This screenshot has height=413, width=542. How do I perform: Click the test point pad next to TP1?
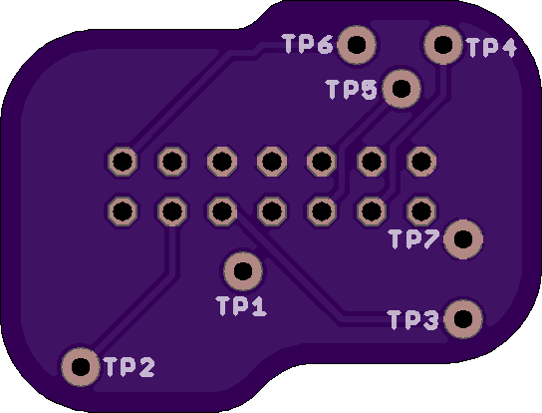coord(243,271)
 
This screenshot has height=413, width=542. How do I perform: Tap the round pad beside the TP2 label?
coord(81,366)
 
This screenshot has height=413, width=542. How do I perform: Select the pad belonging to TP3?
coord(463,319)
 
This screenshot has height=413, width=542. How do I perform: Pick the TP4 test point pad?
coord(443,45)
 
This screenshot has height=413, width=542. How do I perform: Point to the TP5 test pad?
coord(402,89)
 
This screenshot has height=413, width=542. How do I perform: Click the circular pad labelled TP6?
coord(357,45)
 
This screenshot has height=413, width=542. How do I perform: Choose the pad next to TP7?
coord(463,239)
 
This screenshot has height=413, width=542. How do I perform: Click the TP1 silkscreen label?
coord(241,306)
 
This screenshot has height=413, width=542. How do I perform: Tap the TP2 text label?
coord(130,367)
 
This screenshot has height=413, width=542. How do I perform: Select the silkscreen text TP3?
coord(413,319)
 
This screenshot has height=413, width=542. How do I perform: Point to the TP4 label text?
coord(491,47)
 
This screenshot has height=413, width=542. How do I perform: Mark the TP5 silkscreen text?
coord(352,90)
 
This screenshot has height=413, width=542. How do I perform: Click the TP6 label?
coord(308,44)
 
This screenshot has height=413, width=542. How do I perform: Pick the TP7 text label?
coord(414,238)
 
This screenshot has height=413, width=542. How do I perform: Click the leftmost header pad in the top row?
coord(123,162)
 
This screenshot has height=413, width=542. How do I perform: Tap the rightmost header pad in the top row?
coord(421,162)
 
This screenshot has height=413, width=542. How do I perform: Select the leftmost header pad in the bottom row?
coord(123,211)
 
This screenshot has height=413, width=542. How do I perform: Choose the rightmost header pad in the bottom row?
coord(421,211)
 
